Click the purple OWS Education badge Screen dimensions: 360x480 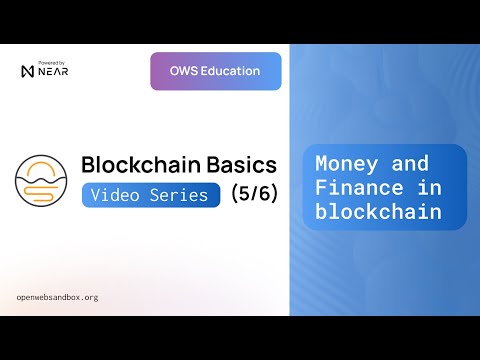click(x=216, y=71)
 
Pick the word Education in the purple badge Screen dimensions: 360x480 click(x=229, y=71)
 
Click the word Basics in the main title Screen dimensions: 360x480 click(x=229, y=164)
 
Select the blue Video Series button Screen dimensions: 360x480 click(x=150, y=194)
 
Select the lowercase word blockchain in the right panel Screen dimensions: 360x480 click(x=377, y=211)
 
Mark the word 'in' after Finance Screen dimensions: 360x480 click(x=417, y=188)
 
